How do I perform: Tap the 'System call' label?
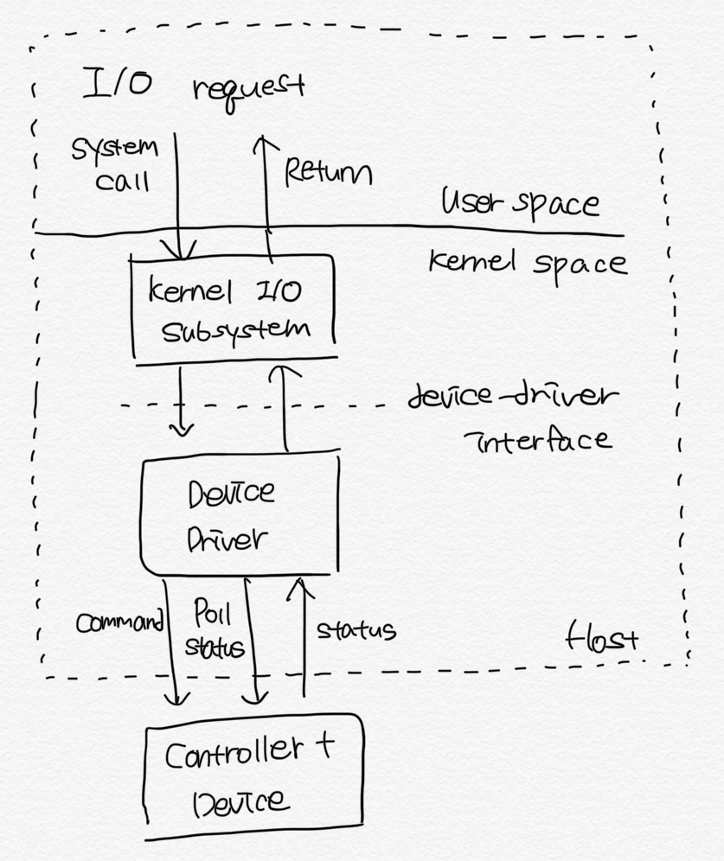point(115,163)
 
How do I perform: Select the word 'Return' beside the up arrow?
point(328,172)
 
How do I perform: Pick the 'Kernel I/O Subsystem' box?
point(232,308)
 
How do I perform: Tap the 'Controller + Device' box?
point(252,775)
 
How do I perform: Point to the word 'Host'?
point(601,640)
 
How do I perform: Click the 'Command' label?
point(119,622)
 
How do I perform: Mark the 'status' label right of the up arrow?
point(356,630)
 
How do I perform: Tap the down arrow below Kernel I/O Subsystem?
point(181,401)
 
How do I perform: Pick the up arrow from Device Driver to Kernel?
point(285,406)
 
